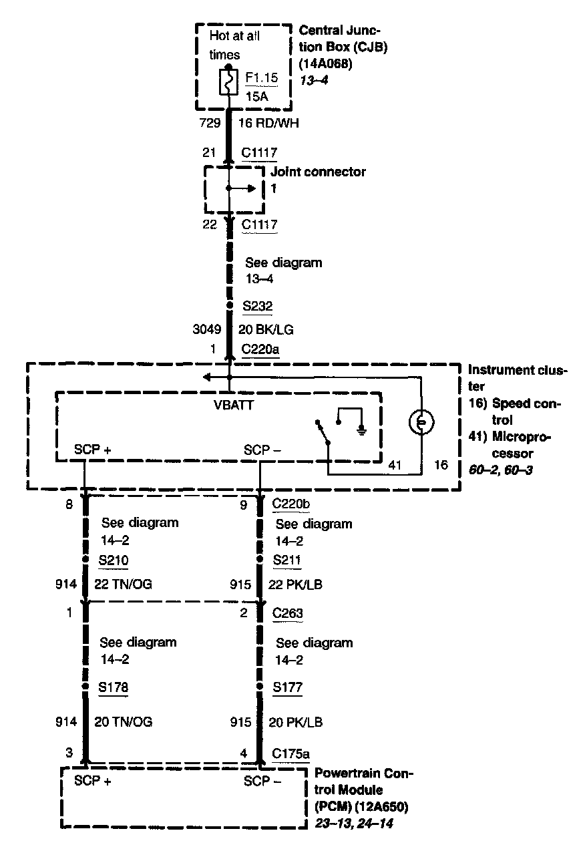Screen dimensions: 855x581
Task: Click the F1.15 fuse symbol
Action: tap(228, 84)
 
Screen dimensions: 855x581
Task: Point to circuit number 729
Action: tap(210, 123)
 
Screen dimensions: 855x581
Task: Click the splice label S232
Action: tap(258, 307)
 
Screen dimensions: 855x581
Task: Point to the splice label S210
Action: tap(114, 559)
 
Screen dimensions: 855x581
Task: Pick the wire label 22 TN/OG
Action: tap(123, 584)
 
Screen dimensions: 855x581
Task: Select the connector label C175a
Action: tap(291, 754)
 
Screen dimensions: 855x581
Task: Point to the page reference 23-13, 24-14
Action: tap(353, 824)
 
